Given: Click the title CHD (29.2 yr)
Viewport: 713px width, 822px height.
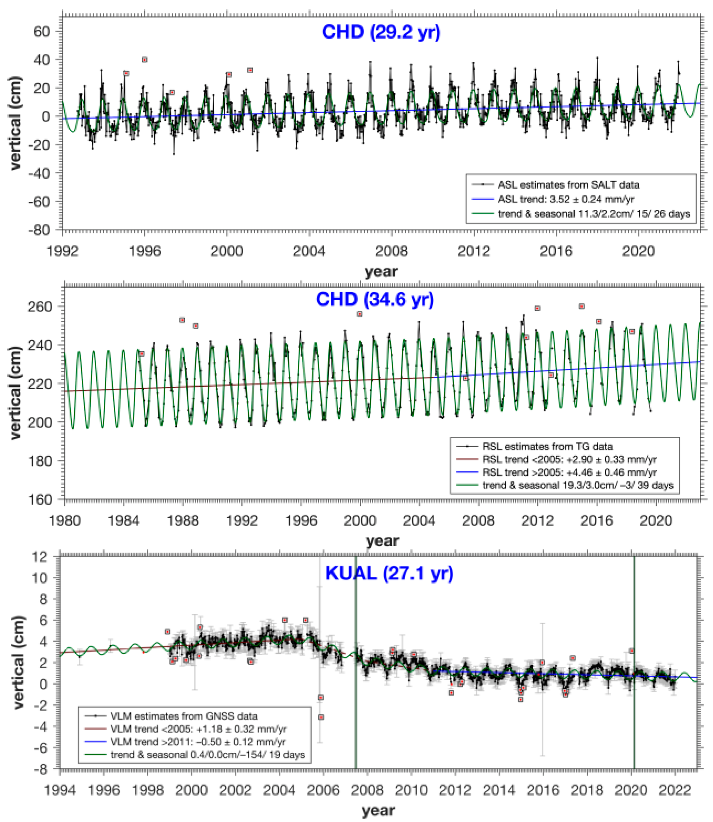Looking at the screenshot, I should (381, 32).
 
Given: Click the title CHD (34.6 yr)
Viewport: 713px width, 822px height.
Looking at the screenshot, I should (375, 299).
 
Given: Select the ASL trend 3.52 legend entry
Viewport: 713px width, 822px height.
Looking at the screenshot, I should (565, 199).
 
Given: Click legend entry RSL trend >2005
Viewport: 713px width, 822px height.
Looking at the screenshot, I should (569, 472).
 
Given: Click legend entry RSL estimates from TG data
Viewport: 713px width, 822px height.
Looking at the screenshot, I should (547, 446).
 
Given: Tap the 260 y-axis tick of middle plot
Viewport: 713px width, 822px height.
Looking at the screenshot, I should (40, 307).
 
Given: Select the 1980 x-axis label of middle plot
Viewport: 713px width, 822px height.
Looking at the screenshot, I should (64, 521).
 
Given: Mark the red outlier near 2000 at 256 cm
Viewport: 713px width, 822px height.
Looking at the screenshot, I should (360, 314).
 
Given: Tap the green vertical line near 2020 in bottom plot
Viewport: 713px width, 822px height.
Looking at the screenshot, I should (634, 657).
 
